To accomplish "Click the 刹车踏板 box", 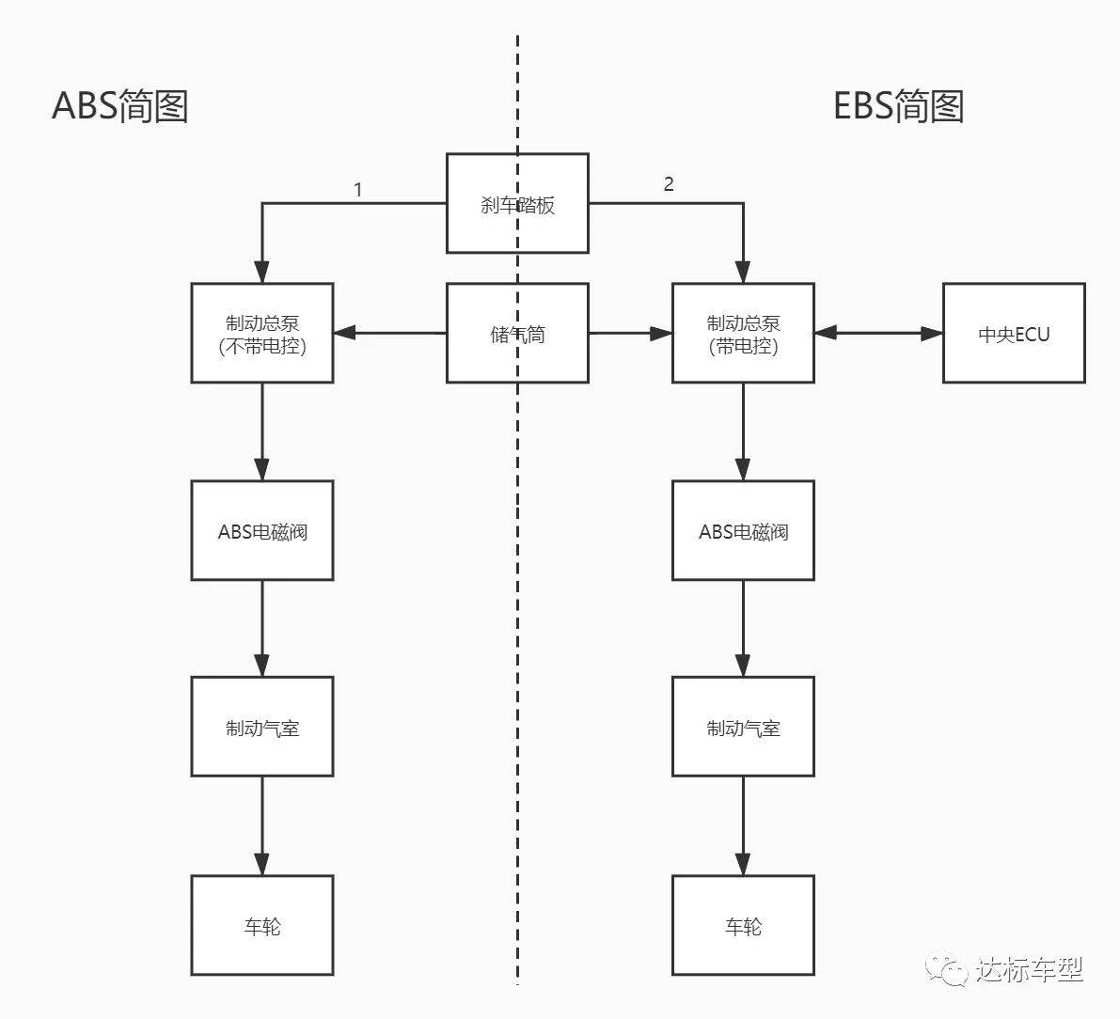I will click(x=517, y=204).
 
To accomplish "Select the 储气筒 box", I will click(x=517, y=333).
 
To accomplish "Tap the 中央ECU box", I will click(x=1014, y=334).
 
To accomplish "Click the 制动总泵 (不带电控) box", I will click(x=262, y=334).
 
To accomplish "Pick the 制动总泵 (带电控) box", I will click(x=743, y=334).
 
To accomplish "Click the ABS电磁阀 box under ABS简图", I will click(x=262, y=531).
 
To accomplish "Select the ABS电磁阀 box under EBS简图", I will click(x=743, y=531).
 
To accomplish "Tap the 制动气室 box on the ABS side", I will click(x=262, y=727).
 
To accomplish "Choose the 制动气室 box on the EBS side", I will click(x=743, y=727).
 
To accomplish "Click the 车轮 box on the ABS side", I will click(x=262, y=926).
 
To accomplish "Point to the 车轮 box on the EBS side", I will click(x=743, y=926).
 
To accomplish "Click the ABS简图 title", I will click(x=120, y=106).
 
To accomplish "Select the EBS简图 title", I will click(x=899, y=106).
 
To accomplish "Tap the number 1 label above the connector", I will click(x=357, y=190).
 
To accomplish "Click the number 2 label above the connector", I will click(x=669, y=184).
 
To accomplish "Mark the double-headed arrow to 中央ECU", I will click(x=878, y=333).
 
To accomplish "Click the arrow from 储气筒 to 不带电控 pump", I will click(x=389, y=333).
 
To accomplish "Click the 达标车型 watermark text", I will click(x=1031, y=969).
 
